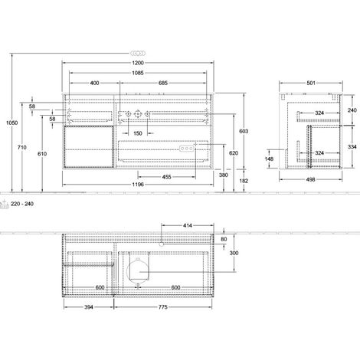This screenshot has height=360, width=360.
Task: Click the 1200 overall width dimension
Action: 138,63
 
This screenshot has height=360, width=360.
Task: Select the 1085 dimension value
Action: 138,73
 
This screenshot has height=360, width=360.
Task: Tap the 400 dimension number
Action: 94,83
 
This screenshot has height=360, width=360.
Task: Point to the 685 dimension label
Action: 163,83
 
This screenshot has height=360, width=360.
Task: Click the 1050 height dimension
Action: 12,123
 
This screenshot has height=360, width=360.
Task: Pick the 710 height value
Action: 22,147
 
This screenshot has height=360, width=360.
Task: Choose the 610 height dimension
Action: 42,154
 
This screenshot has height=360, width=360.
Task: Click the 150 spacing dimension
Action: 138,133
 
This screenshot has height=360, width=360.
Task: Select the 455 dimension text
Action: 166,177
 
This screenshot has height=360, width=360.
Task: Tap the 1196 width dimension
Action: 138,185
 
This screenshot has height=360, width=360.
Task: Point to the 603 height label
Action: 244,131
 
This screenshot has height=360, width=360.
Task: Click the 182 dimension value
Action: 244,181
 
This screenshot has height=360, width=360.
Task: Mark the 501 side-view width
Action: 311,83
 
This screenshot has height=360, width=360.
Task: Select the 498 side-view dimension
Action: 310,179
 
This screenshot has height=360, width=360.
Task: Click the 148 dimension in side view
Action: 269,159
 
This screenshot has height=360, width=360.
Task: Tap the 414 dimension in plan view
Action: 188,225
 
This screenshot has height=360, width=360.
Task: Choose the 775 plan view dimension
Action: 163,307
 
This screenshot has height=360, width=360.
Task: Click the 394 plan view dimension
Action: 89,307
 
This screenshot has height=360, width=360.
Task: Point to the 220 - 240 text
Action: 22,204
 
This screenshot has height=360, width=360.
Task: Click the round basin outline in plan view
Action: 126,271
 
